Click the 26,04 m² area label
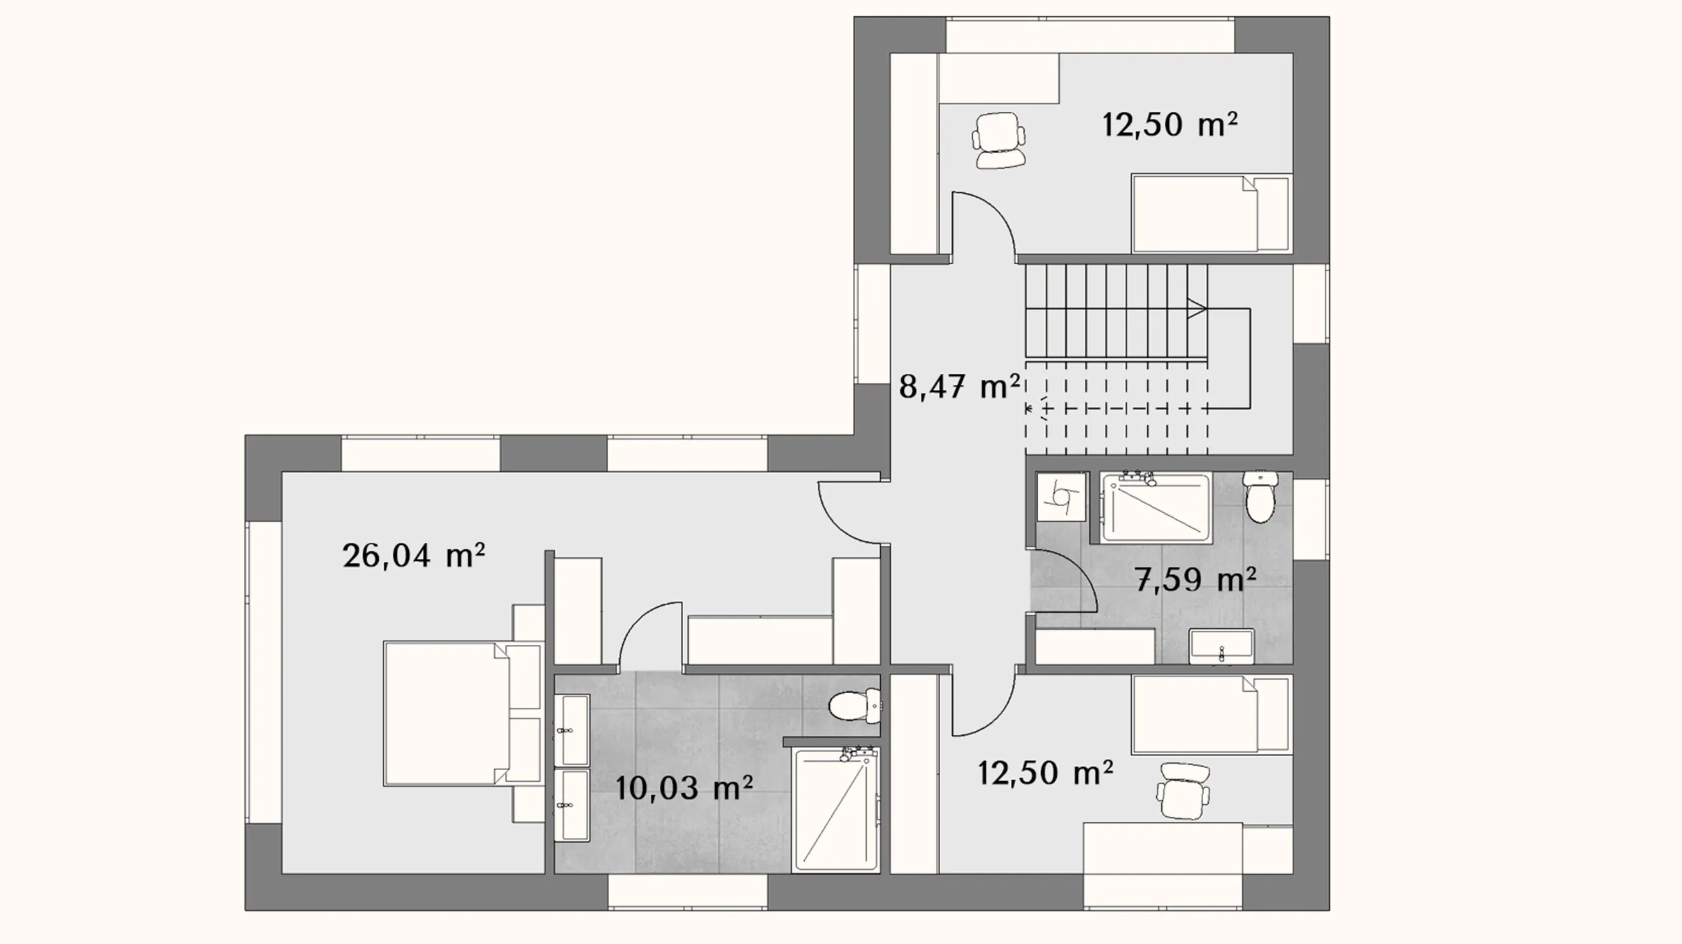[x=413, y=556]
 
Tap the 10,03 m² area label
[x=684, y=788]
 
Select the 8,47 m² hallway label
[x=959, y=386]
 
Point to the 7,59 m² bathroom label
[x=1195, y=579]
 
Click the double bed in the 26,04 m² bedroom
[x=463, y=713]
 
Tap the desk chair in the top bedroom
[x=1000, y=140]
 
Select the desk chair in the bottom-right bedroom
[x=1183, y=790]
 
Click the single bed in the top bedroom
[x=1211, y=213]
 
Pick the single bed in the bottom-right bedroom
[x=1211, y=714]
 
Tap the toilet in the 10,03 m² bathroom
[x=854, y=706]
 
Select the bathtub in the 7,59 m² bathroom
[x=1156, y=507]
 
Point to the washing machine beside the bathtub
[x=1061, y=497]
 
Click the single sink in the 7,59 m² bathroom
[x=1221, y=646]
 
